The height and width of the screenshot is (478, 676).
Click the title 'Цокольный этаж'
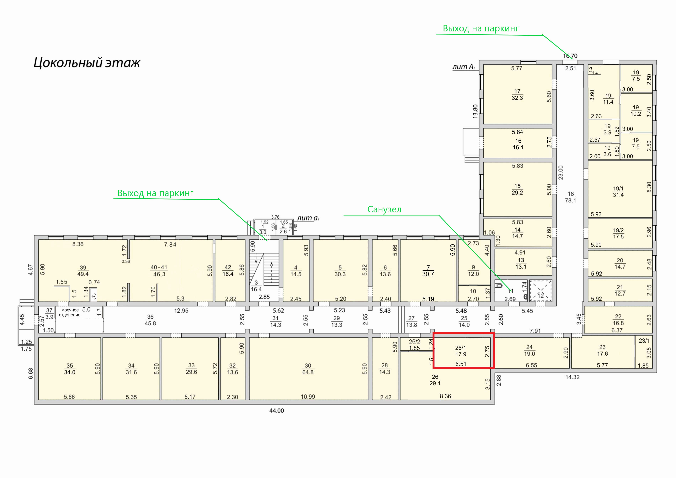tap(87, 63)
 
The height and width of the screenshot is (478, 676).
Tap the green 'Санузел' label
tap(384, 209)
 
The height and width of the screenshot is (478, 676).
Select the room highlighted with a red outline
tap(463, 351)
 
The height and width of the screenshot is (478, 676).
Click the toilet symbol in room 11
tap(499, 285)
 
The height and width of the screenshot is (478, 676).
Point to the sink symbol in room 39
tap(94, 296)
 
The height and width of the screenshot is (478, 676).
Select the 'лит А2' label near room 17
tap(464, 67)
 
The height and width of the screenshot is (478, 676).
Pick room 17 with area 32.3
tap(518, 94)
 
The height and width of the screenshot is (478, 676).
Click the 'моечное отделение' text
tap(70, 312)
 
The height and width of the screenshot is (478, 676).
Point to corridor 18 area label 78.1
tap(570, 200)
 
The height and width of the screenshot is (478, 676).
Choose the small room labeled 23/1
tap(644, 352)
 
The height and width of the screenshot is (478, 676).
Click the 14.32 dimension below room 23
tap(572, 377)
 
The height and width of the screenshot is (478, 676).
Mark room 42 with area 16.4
tap(230, 270)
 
